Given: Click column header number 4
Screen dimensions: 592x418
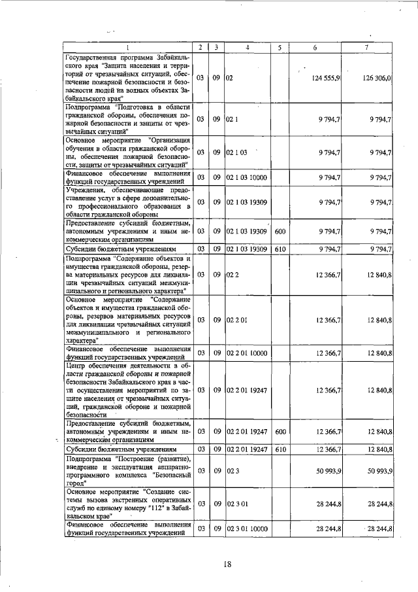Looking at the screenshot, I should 248,47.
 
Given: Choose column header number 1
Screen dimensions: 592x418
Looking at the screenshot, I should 127,47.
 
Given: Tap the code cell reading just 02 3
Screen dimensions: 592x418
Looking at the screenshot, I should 233,471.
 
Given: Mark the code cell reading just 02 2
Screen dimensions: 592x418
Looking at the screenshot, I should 233,275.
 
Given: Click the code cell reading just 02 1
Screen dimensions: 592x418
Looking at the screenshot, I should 233,119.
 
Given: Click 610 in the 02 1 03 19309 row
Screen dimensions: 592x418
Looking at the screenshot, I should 280,249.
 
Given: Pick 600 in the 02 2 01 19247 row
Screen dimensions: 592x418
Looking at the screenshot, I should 280,431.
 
